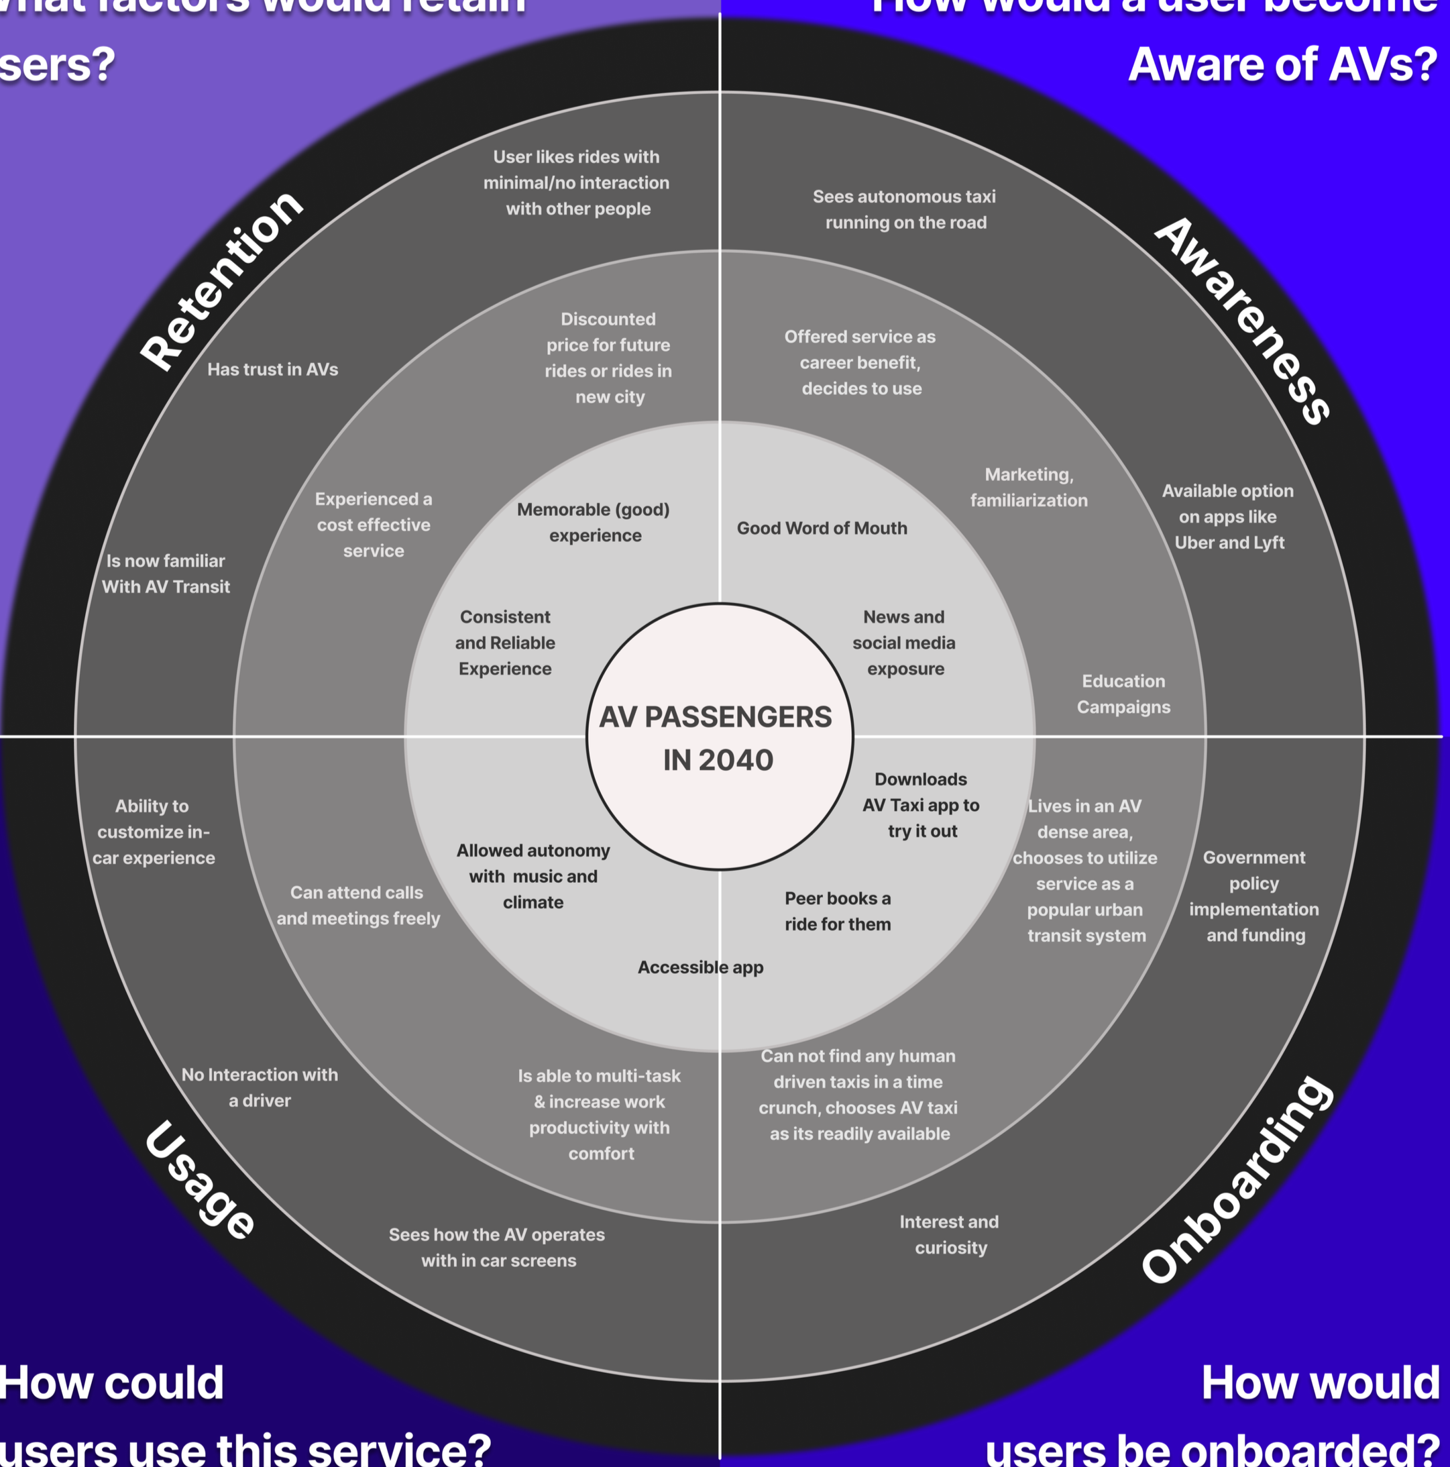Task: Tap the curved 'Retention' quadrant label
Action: point(222,280)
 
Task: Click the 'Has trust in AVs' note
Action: point(272,370)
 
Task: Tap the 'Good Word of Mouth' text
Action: point(822,529)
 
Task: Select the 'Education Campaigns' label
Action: point(1123,694)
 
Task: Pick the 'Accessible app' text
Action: point(700,967)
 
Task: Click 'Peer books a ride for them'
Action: point(838,911)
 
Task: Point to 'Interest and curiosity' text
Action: point(949,1235)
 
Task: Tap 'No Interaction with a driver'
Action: point(260,1087)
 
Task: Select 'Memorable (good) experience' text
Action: point(594,523)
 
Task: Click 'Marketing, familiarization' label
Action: point(1029,488)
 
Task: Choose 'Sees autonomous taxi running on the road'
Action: point(904,209)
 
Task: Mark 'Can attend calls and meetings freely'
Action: point(357,905)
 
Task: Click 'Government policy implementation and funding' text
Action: point(1254,896)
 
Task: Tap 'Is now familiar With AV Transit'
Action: point(166,574)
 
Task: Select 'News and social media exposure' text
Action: point(903,643)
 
